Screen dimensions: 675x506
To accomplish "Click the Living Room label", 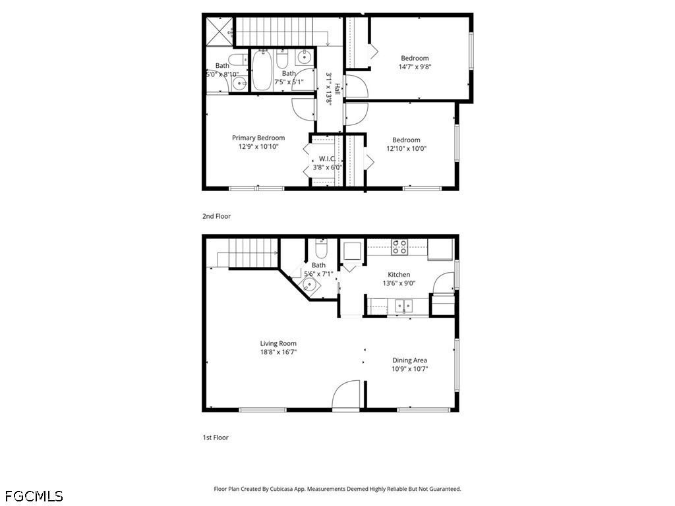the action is tap(278, 343).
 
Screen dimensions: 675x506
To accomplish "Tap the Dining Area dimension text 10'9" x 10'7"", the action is tap(409, 369).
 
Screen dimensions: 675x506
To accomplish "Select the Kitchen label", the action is tap(399, 275).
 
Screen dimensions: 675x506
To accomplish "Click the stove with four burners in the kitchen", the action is tap(399, 247).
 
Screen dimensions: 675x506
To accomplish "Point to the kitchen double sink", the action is tap(404, 306).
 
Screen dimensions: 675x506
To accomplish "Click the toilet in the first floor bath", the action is tap(321, 248).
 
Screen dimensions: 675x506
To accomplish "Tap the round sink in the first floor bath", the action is tap(310, 285).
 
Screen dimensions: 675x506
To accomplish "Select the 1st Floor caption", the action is tap(216, 437).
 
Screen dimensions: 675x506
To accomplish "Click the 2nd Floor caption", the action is tap(216, 216).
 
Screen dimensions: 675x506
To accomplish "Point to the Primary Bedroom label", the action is tap(258, 138).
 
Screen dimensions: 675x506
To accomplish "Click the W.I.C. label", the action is tap(327, 159).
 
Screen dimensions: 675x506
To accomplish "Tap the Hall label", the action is tap(337, 90).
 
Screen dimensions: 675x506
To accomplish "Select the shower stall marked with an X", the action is tap(220, 31).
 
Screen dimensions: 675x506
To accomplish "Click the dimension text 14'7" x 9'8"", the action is tap(415, 67).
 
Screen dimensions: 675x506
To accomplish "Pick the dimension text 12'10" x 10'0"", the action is tap(406, 148).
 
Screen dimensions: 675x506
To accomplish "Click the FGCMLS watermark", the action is tap(34, 496).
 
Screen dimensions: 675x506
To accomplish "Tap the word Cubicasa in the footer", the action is tap(282, 490).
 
